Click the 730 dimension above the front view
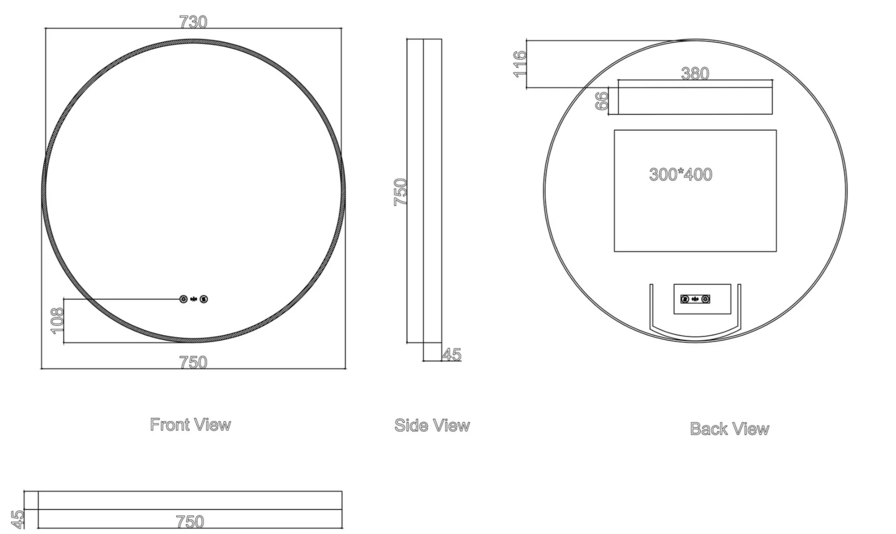point(193,22)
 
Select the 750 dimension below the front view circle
point(193,362)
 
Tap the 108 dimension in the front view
point(57,321)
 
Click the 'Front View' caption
point(190,425)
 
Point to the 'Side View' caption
point(432,425)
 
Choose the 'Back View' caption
point(729,429)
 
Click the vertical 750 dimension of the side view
point(401,192)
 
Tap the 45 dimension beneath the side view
point(452,355)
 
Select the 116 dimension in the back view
point(519,64)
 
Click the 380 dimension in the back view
point(695,74)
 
